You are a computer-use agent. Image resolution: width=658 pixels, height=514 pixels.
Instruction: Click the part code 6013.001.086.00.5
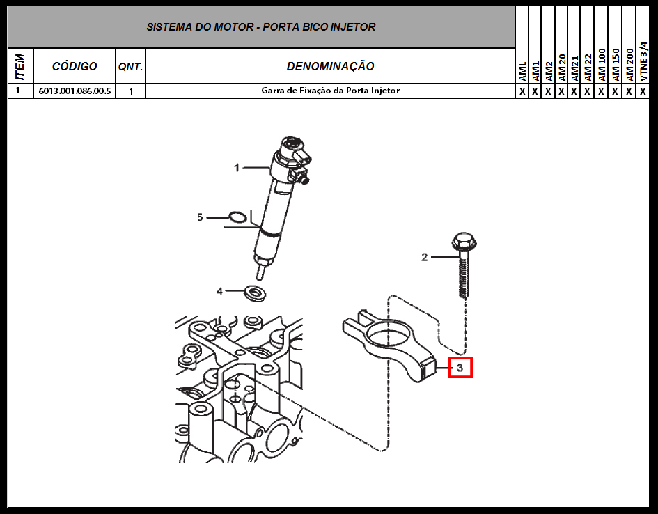pos(75,91)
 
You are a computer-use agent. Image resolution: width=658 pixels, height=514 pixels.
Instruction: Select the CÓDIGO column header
pos(75,66)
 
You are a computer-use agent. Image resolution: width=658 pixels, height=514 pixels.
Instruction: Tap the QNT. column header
pos(130,67)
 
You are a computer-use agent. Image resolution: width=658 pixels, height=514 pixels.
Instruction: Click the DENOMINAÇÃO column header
pos(330,66)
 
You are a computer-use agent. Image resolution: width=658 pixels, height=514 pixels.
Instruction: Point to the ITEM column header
pos(19,66)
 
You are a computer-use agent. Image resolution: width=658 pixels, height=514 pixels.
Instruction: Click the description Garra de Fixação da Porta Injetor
pos(330,91)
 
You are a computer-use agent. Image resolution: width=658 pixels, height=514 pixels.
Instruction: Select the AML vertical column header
pos(522,72)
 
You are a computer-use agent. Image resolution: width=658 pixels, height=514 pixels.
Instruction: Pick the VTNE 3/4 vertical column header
pos(643,62)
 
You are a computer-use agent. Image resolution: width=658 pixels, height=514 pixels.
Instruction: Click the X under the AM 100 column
pos(601,91)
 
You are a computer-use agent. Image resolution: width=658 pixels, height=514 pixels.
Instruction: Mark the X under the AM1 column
pos(535,91)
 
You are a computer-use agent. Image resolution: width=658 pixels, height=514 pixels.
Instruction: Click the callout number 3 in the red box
pos(460,368)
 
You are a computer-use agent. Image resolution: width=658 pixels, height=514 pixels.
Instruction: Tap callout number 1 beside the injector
pos(237,168)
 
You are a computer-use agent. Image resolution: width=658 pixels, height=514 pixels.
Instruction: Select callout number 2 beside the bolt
pos(425,257)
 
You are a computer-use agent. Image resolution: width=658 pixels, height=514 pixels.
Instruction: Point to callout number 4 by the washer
pos(219,290)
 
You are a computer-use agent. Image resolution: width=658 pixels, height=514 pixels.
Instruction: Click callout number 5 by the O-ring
pos(200,217)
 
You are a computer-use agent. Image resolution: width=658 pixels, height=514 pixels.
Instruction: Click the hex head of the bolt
pos(464,241)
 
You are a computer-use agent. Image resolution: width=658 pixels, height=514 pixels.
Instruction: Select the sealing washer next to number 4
pos(255,293)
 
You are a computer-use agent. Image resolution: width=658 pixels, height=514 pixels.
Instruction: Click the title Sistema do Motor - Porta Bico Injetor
pos(260,27)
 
